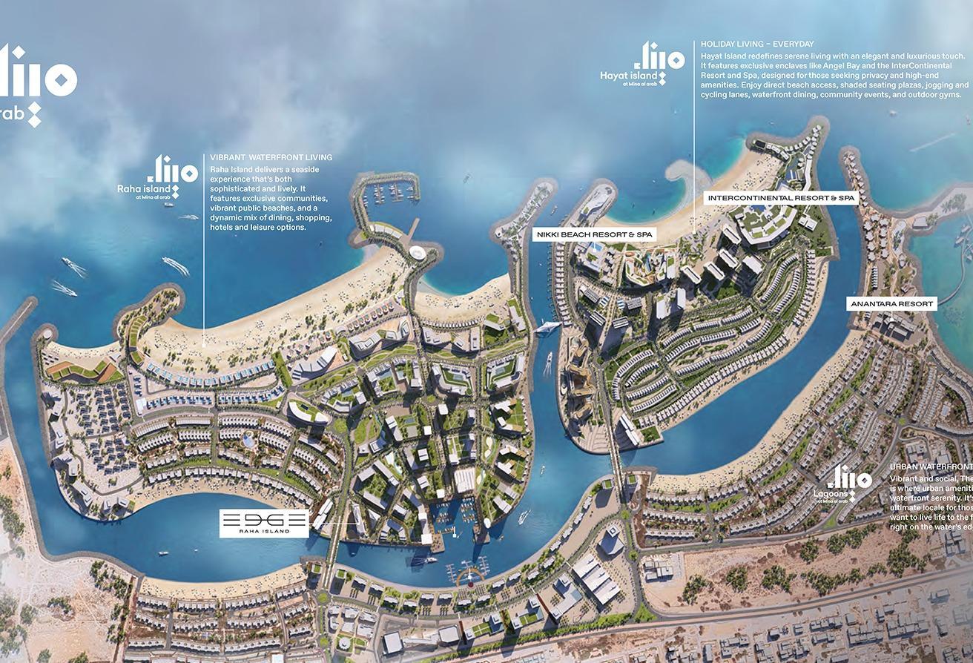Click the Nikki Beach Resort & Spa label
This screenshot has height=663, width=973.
click(x=596, y=234)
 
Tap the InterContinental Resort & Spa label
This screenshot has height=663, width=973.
click(x=782, y=198)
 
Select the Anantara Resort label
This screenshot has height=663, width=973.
click(x=891, y=304)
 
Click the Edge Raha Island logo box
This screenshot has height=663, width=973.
click(x=264, y=523)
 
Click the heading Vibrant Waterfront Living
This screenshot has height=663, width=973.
click(x=271, y=157)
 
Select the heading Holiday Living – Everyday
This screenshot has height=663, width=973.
click(x=757, y=44)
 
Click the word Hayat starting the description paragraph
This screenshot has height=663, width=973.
click(x=712, y=56)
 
